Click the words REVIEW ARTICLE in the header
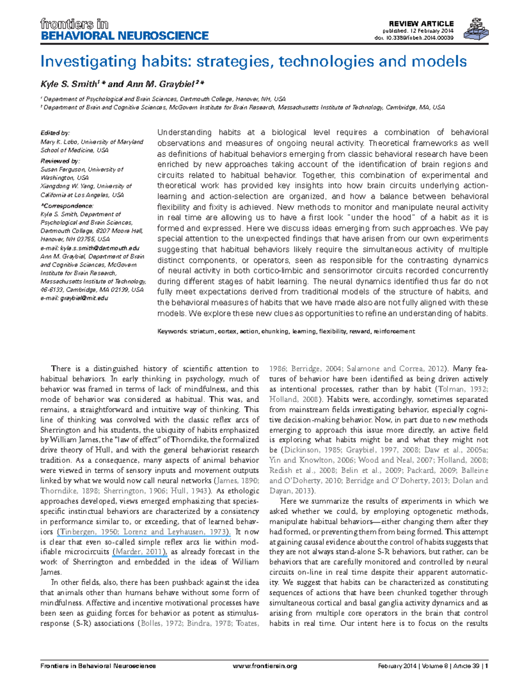421,23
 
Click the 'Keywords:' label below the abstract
172,331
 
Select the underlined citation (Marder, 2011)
140,552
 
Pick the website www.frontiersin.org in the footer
264,666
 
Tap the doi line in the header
414,37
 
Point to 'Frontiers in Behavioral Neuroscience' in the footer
98,666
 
